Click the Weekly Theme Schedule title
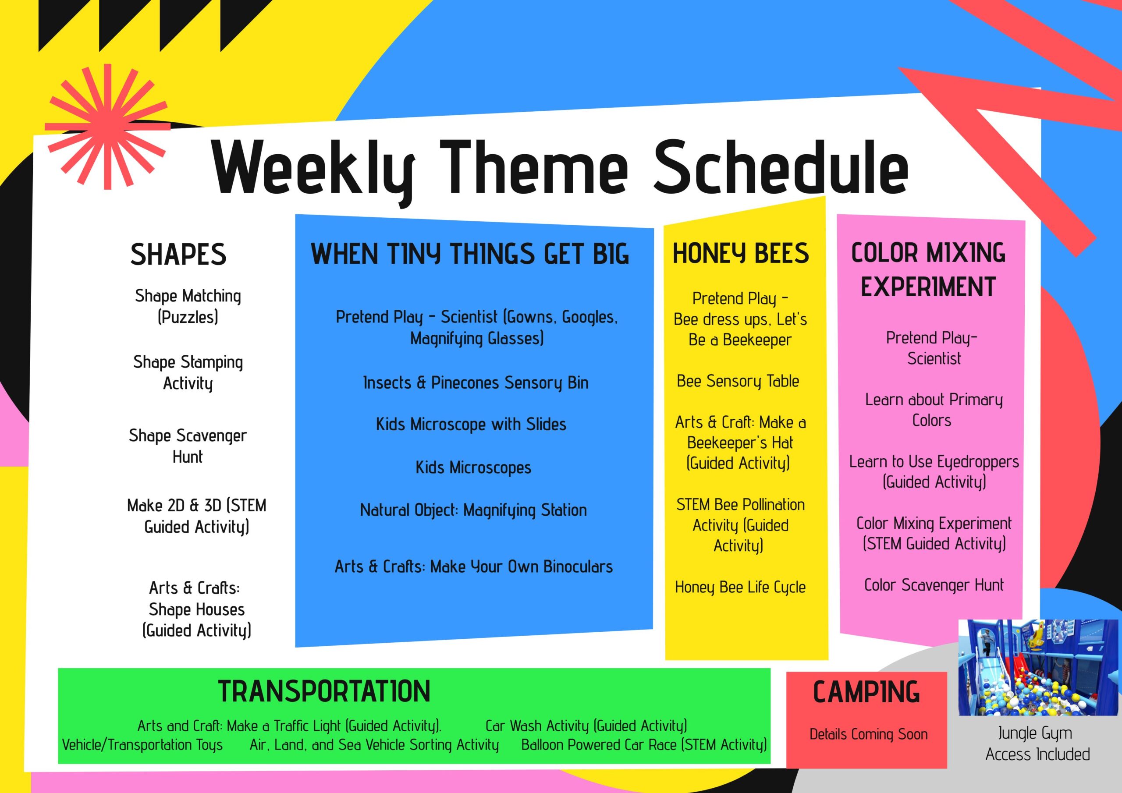560,169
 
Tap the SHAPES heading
178,255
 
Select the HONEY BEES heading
741,253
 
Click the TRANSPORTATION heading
324,691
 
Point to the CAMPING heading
866,692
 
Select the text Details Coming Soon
868,734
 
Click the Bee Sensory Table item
738,381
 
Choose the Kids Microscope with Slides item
471,424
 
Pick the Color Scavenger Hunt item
934,585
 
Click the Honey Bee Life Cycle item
740,587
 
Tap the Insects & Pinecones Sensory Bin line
476,382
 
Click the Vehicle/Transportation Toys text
142,745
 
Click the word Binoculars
578,567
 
